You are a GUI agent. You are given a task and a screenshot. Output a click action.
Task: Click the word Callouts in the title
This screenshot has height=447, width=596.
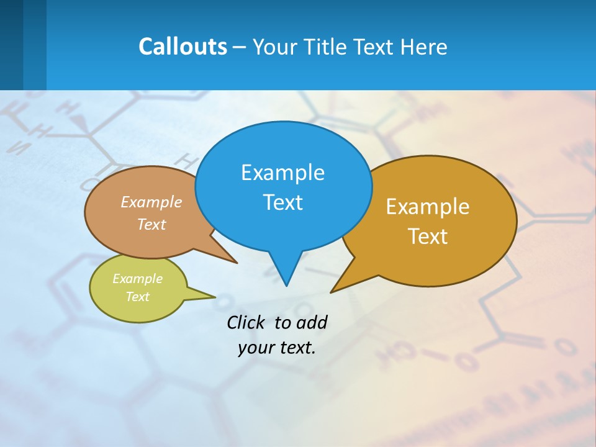183,47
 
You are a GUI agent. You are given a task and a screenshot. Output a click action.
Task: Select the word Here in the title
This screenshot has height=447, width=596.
423,47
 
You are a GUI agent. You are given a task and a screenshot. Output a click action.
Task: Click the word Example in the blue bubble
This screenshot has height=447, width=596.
282,173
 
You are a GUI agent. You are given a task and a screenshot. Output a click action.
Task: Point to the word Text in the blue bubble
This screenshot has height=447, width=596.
282,202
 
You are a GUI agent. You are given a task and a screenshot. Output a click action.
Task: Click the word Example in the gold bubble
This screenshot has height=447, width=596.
428,207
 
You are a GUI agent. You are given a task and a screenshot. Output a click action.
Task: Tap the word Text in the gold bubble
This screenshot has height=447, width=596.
428,237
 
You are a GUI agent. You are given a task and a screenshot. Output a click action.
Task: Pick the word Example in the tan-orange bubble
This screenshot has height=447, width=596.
151,202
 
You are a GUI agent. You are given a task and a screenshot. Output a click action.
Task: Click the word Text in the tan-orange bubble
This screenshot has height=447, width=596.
151,224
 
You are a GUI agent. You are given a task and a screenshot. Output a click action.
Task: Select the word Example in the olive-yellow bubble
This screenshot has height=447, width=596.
137,279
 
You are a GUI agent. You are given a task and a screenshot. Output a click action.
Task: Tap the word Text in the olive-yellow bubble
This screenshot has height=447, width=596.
137,297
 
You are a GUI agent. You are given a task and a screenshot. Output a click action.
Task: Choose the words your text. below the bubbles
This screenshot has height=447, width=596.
277,348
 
